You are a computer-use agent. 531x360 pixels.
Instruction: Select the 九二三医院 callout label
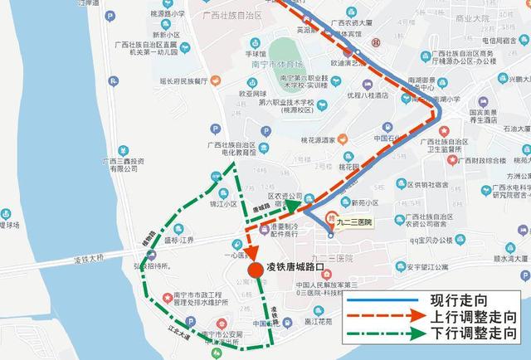tap(353, 222)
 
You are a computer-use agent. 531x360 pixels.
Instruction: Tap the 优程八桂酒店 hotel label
tap(368, 95)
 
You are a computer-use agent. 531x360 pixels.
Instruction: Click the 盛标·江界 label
tap(177, 241)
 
